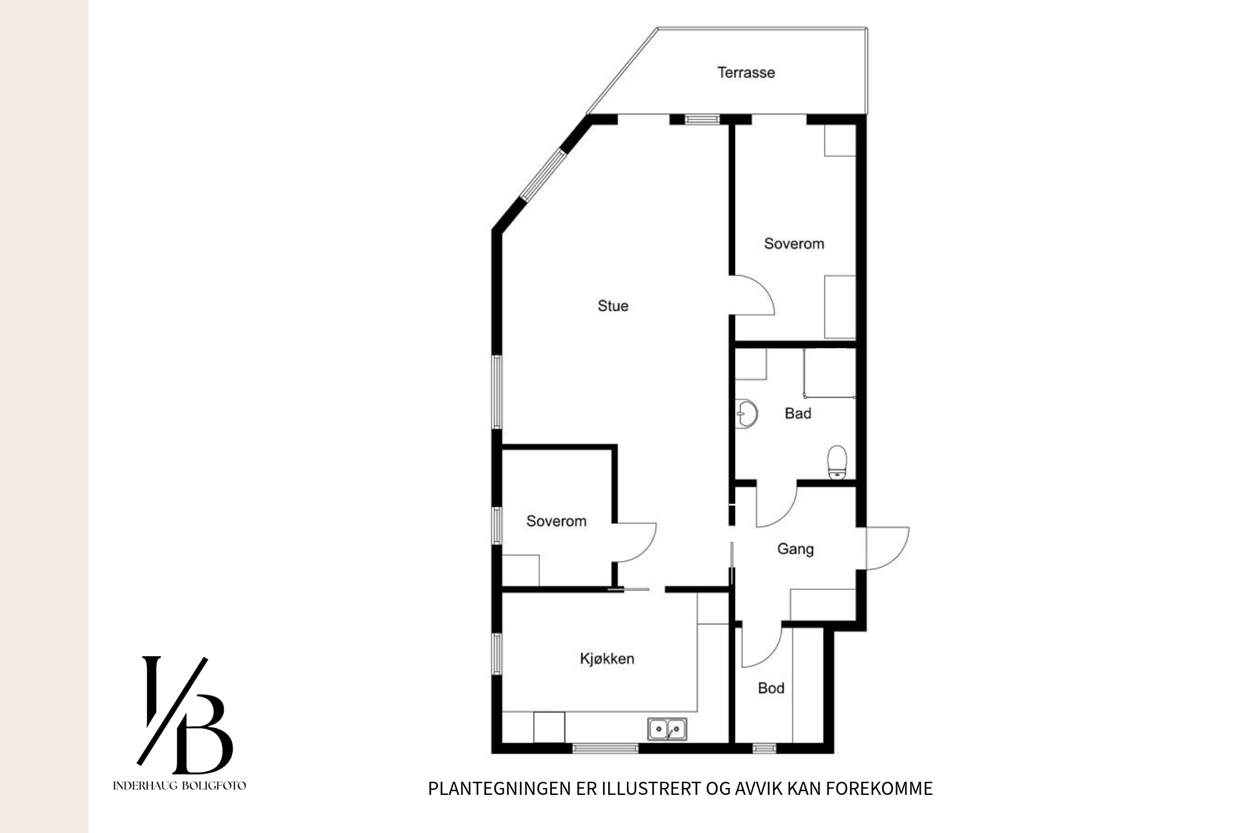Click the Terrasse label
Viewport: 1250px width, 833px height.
pyautogui.click(x=746, y=72)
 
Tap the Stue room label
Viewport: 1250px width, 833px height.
pyautogui.click(x=612, y=306)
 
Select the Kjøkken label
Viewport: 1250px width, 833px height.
pyautogui.click(x=607, y=659)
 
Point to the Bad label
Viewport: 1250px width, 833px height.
pyautogui.click(x=798, y=413)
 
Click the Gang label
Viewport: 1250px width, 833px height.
pyautogui.click(x=795, y=549)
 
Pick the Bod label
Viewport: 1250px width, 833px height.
pyautogui.click(x=771, y=688)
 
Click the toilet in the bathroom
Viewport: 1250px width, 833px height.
pyautogui.click(x=836, y=462)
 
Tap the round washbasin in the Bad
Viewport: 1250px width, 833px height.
pyautogui.click(x=746, y=413)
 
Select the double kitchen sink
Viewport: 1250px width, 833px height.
pyautogui.click(x=667, y=729)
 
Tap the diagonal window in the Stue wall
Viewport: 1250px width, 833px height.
pyautogui.click(x=542, y=174)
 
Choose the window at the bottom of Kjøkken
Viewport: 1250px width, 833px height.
pyautogui.click(x=605, y=748)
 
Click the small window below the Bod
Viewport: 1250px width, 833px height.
pyautogui.click(x=764, y=748)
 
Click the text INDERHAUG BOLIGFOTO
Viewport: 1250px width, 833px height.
pyautogui.click(x=179, y=786)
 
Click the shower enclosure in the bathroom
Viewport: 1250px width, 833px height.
pyautogui.click(x=829, y=372)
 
